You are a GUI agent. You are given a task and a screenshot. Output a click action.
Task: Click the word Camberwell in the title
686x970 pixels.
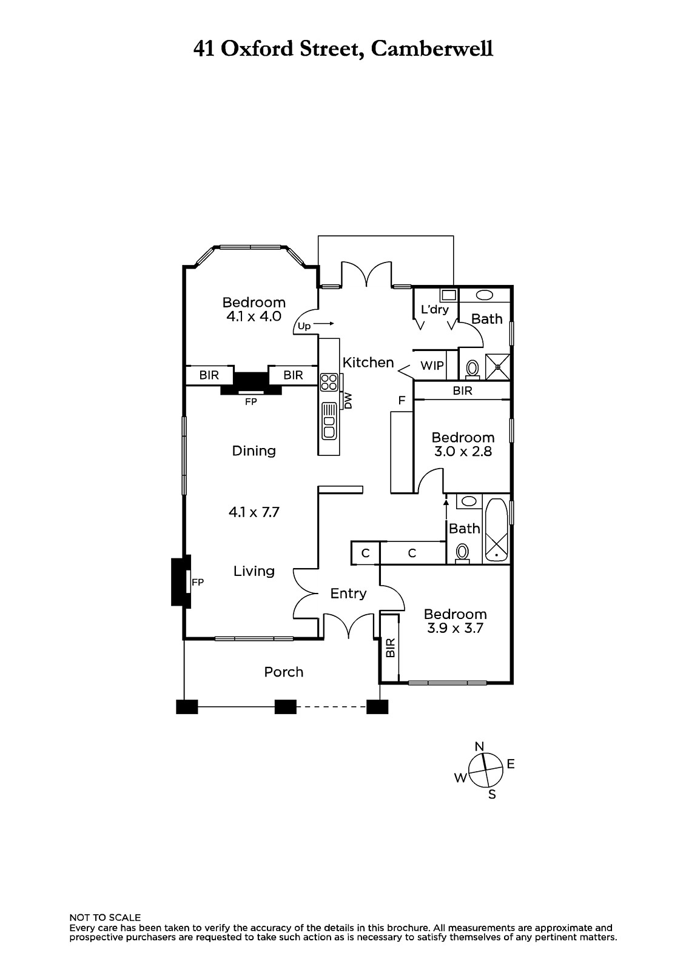pyautogui.click(x=432, y=49)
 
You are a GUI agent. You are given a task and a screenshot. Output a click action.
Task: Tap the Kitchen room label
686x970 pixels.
pyautogui.click(x=368, y=363)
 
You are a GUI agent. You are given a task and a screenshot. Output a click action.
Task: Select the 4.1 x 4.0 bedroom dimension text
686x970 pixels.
pyautogui.click(x=254, y=316)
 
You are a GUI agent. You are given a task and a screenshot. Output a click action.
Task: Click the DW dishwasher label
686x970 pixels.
pyautogui.click(x=348, y=401)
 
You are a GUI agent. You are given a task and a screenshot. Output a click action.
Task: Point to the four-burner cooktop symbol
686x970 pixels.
pyautogui.click(x=329, y=383)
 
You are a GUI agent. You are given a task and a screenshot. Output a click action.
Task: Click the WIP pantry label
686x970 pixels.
pyautogui.click(x=432, y=366)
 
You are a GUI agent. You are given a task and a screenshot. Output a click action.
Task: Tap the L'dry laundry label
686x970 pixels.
pyautogui.click(x=435, y=310)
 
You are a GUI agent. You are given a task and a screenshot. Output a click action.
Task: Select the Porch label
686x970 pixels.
pyautogui.click(x=283, y=672)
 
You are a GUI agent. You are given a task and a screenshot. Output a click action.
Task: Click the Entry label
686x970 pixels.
pyautogui.click(x=348, y=594)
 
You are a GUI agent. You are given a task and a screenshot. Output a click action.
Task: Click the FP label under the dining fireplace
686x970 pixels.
pyautogui.click(x=251, y=402)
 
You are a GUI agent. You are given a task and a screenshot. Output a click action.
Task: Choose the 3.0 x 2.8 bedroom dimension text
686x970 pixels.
pyautogui.click(x=463, y=452)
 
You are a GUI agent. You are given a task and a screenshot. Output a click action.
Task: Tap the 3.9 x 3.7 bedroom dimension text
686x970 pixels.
pyautogui.click(x=455, y=628)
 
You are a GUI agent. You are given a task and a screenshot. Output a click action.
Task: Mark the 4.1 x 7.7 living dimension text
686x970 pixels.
pyautogui.click(x=254, y=512)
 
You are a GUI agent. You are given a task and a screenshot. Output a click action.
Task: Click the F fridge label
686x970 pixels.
pyautogui.click(x=402, y=400)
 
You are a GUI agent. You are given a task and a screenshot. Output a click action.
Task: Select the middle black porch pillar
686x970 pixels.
pyautogui.click(x=286, y=707)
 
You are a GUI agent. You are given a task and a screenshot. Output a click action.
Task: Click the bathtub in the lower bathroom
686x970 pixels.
pyautogui.click(x=497, y=530)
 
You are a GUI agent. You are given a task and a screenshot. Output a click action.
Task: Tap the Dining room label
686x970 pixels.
pyautogui.click(x=254, y=451)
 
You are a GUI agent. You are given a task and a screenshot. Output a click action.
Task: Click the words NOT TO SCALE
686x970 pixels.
pyautogui.click(x=106, y=918)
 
